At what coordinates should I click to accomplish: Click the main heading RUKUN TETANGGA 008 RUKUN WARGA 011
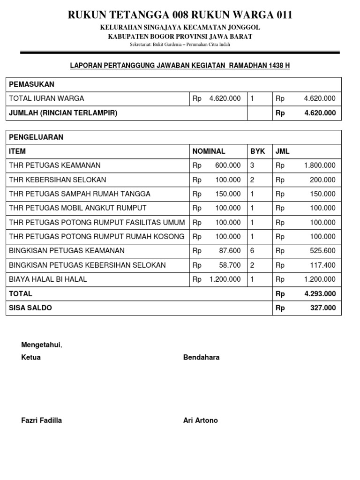[180, 15]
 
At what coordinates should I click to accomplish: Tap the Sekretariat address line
[180, 45]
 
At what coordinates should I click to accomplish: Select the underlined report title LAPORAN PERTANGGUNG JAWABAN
[180, 66]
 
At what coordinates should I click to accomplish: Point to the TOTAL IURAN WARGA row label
[46, 98]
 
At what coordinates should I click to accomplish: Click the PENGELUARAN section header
[36, 137]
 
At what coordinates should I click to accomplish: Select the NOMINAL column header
[209, 151]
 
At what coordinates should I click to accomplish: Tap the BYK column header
[257, 151]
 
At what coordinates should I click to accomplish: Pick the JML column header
[283, 151]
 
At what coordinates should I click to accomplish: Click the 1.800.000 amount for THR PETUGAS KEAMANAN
[320, 165]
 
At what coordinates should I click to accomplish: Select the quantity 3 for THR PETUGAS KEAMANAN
[252, 165]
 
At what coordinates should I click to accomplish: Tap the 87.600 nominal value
[230, 251]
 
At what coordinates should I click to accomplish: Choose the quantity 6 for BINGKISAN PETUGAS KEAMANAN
[252, 251]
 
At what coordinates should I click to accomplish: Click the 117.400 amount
[323, 265]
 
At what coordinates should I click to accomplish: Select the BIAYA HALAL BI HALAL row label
[48, 279]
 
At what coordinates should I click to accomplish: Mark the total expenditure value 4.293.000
[320, 294]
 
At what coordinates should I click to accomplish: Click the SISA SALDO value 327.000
[323, 308]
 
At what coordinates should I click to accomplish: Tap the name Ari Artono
[201, 420]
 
